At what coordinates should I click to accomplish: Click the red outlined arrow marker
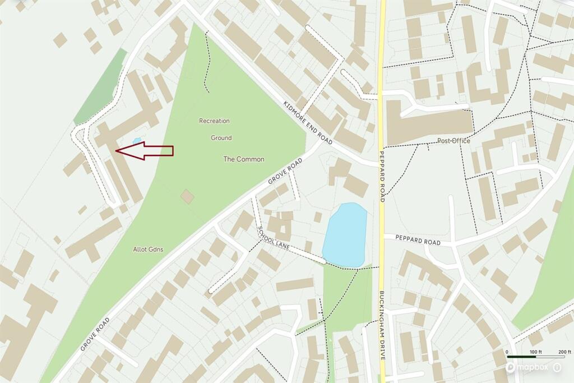(144, 151)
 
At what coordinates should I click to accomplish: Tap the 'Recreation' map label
(214, 121)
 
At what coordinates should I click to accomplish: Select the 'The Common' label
(244, 159)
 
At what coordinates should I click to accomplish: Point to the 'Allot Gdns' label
(148, 249)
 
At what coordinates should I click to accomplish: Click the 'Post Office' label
(453, 141)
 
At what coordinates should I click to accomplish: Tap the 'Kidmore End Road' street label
(308, 123)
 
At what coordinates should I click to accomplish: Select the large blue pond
(345, 234)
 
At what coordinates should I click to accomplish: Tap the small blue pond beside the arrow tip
(136, 141)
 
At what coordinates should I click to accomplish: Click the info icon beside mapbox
(557, 367)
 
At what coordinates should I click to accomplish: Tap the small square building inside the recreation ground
(187, 196)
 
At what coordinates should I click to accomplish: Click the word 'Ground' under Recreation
(221, 137)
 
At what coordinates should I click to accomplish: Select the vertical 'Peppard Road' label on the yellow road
(382, 177)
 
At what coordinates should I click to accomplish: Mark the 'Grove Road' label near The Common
(285, 172)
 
